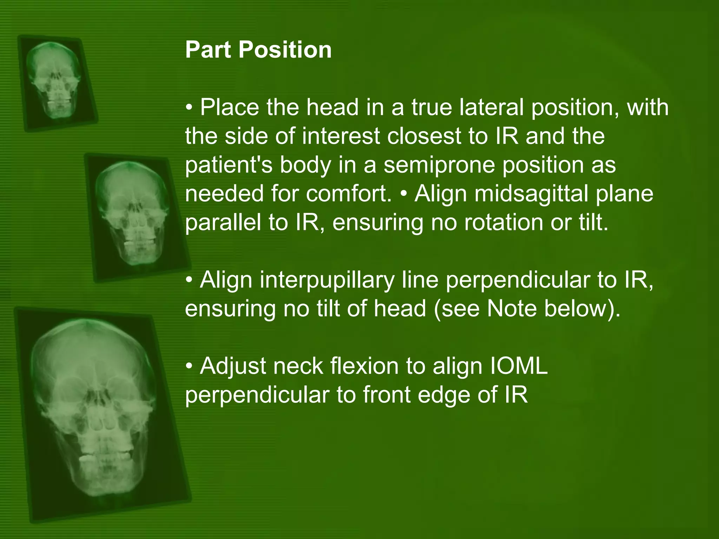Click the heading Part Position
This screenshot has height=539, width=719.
(x=258, y=49)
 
